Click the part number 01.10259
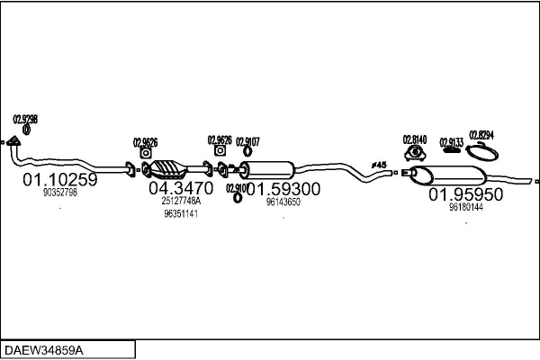(x=59, y=179)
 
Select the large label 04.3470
(x=180, y=188)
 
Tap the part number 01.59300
(x=283, y=189)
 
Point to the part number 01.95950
(x=465, y=193)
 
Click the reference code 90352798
(x=59, y=193)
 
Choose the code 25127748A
(x=181, y=202)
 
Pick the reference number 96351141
(x=181, y=214)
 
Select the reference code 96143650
(x=283, y=202)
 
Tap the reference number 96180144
(x=465, y=207)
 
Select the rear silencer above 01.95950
(x=463, y=175)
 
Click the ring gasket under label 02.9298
(x=25, y=130)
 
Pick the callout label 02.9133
(x=452, y=141)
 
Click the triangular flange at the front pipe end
(x=13, y=141)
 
